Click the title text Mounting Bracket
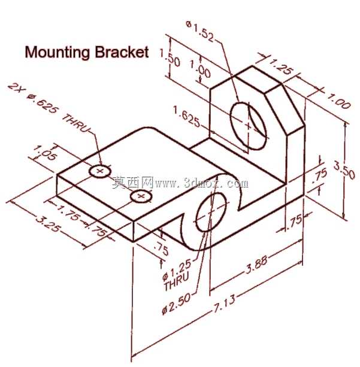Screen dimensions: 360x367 pyautogui.click(x=87, y=52)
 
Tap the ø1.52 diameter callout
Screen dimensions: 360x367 pyautogui.click(x=200, y=31)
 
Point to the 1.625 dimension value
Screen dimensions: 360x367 pyautogui.click(x=187, y=116)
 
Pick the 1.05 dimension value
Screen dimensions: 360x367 pyautogui.click(x=45, y=153)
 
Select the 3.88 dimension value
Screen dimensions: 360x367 pyautogui.click(x=256, y=265)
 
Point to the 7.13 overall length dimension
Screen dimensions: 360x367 pyautogui.click(x=223, y=304)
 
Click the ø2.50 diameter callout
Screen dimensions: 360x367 pyautogui.click(x=176, y=304)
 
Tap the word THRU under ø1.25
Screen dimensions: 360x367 pyautogui.click(x=176, y=281)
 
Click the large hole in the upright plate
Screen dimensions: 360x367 pyautogui.click(x=249, y=126)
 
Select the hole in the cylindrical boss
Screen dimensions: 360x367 pyautogui.click(x=211, y=212)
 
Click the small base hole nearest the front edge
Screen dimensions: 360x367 pyautogui.click(x=141, y=196)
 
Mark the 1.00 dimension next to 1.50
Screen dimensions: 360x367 pyautogui.click(x=200, y=68)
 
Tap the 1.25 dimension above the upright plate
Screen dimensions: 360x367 pyautogui.click(x=280, y=66)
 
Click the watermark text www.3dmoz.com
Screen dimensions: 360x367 pyautogui.click(x=201, y=183)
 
